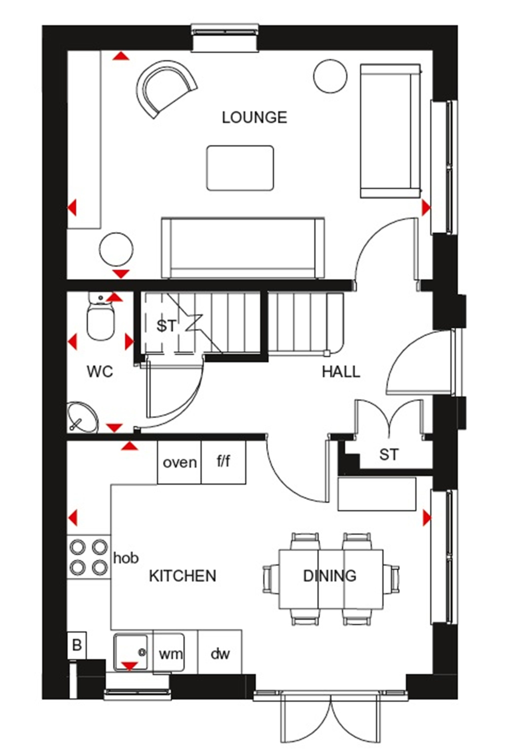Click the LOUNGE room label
[255, 117]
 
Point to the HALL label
[341, 372]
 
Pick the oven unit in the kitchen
[179, 462]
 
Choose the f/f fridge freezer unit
[223, 462]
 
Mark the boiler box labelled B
[77, 645]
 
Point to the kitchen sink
[131, 652]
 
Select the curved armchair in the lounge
[165, 88]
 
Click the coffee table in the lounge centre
[240, 168]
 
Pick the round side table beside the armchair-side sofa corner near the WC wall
[116, 249]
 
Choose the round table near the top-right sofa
[330, 76]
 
